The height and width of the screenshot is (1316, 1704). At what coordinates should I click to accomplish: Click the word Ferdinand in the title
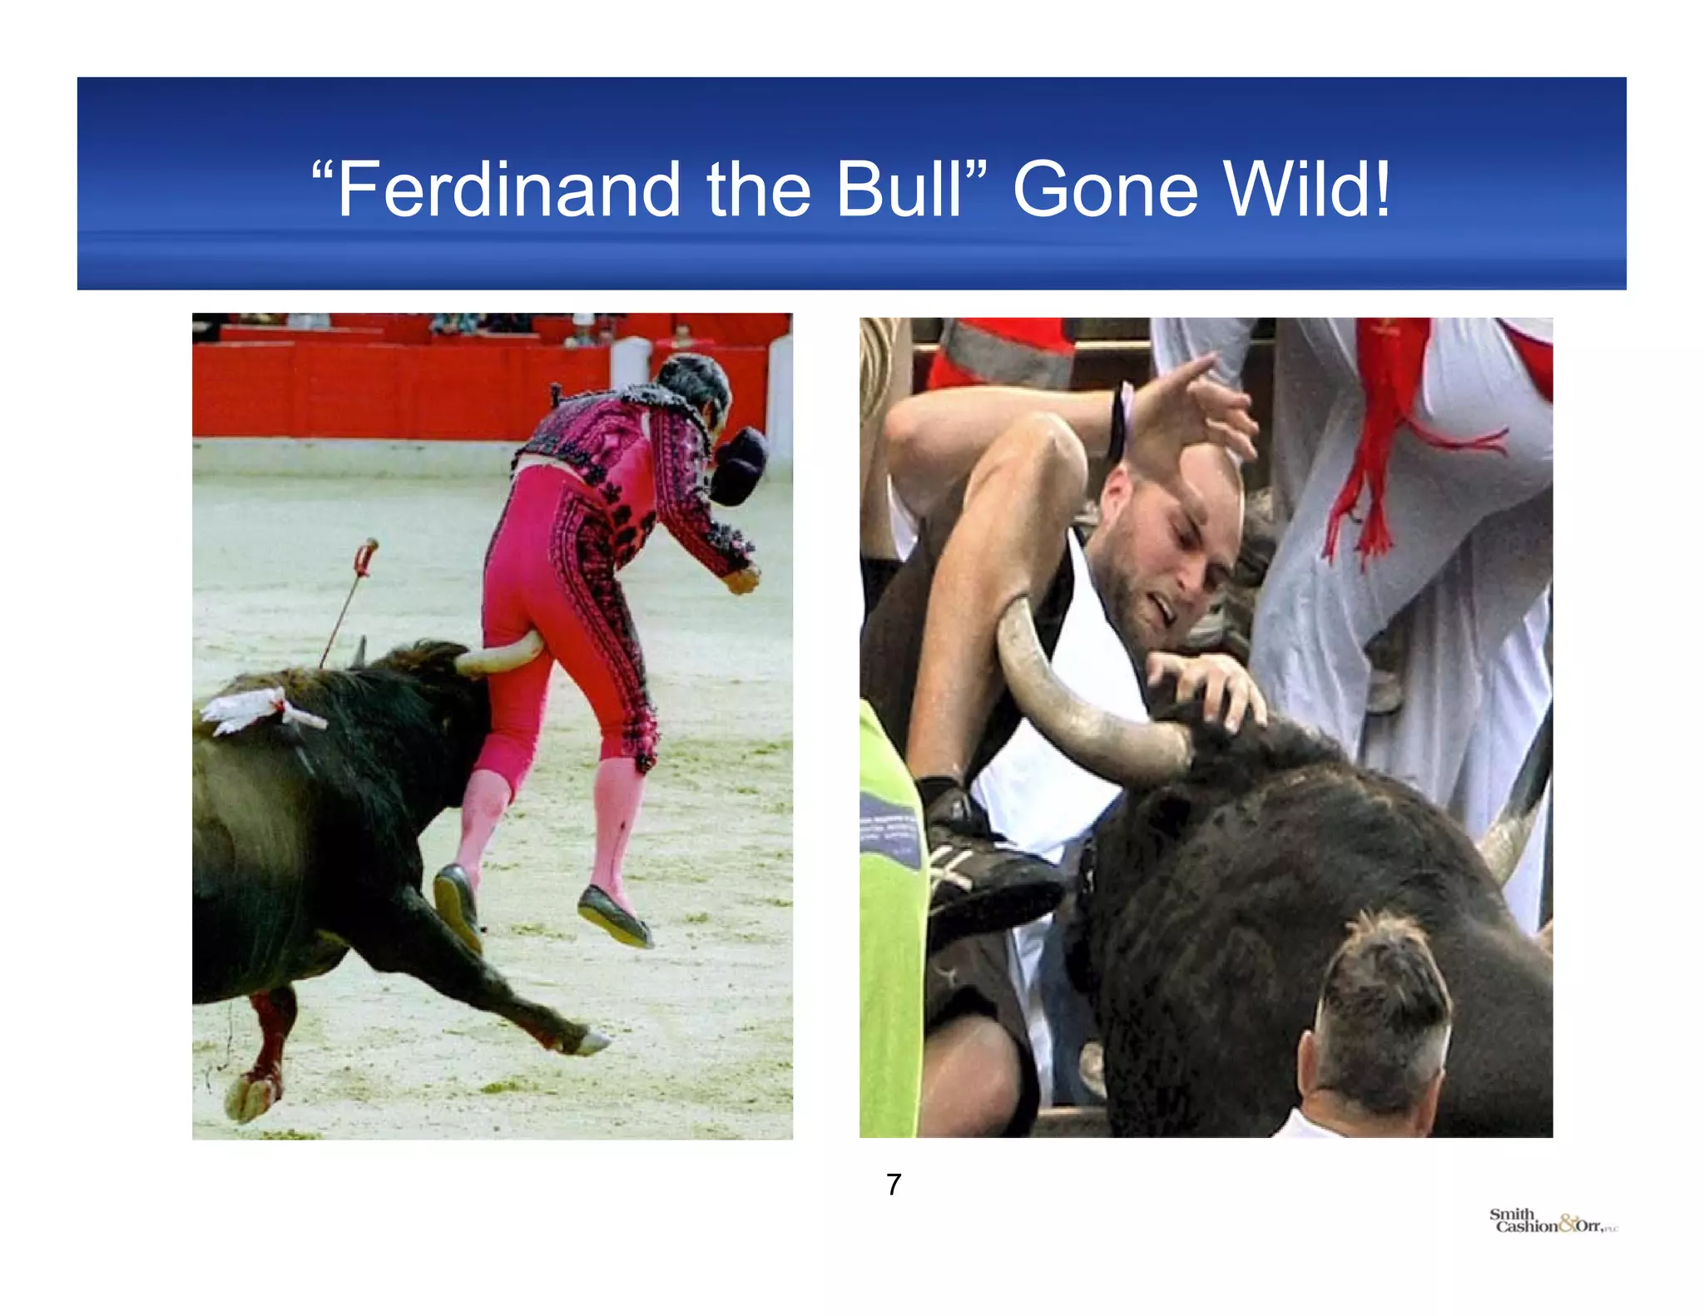tap(508, 190)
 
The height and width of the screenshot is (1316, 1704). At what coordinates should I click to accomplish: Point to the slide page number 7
tap(894, 1184)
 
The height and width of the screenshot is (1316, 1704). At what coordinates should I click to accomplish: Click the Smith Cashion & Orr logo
tap(1553, 1222)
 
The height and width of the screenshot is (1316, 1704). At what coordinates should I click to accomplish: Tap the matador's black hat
tap(740, 466)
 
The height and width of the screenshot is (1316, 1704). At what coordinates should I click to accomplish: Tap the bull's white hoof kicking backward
tap(592, 1041)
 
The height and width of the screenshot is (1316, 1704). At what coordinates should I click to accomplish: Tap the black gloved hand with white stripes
tap(973, 865)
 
